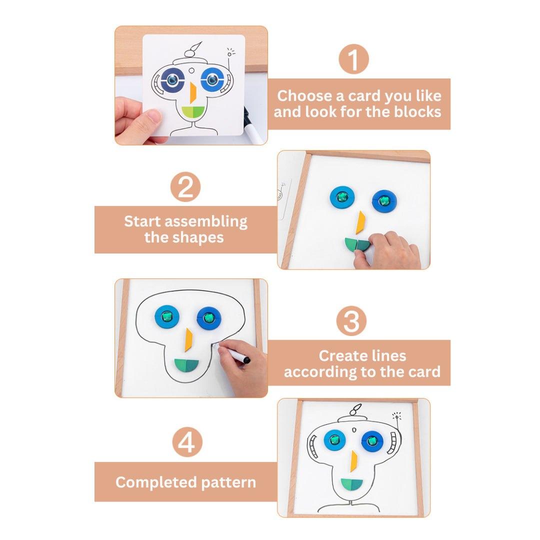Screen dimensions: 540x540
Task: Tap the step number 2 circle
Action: [x=185, y=186]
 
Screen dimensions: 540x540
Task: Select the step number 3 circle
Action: [x=351, y=321]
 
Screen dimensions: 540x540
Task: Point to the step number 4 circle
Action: [x=187, y=442]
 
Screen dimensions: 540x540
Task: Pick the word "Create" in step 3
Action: [x=340, y=356]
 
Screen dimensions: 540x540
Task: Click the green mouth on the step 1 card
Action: [x=193, y=111]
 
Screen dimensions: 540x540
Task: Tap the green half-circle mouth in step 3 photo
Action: [x=186, y=365]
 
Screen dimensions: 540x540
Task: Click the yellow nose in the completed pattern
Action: [x=353, y=461]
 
